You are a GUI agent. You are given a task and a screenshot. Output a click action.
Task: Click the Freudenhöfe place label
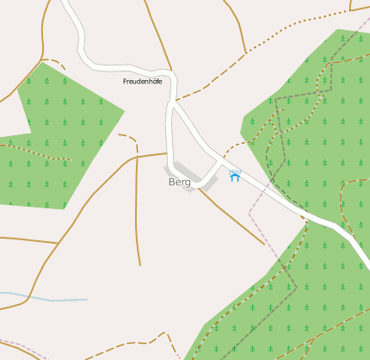(143, 81)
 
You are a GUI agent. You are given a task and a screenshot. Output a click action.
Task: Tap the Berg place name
(179, 182)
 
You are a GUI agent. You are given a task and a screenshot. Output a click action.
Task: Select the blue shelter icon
(234, 176)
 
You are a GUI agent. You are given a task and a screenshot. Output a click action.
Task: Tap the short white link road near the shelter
(212, 172)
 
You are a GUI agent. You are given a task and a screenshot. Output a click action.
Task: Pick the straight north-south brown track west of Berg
(138, 215)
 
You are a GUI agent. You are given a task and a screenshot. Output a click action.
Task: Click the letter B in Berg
(172, 182)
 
